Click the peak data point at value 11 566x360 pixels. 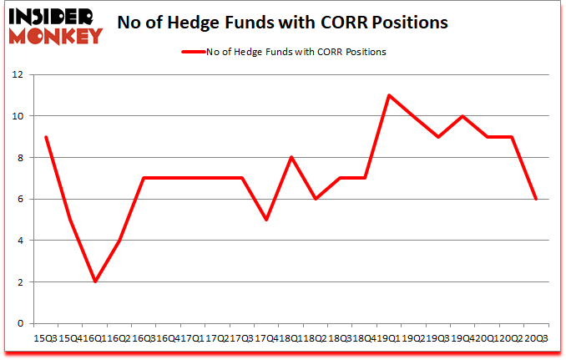coord(389,95)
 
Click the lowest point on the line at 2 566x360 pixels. coord(95,281)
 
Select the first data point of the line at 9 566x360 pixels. coord(45,137)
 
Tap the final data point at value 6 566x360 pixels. coord(536,199)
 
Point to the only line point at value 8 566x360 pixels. coord(291,157)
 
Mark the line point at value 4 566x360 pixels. coord(119,241)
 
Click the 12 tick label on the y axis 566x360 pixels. coord(19,74)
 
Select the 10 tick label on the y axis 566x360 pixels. coord(19,116)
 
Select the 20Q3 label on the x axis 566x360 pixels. coord(537,338)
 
